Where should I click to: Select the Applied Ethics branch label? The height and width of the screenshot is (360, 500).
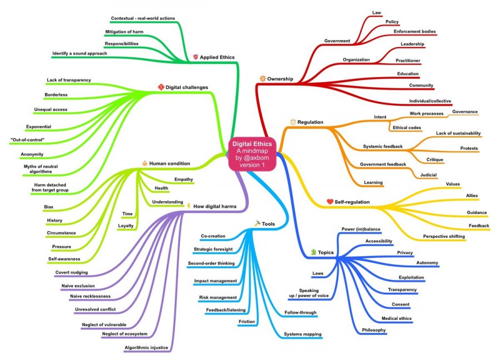(x=217, y=57)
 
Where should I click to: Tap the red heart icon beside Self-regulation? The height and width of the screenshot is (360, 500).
(x=329, y=201)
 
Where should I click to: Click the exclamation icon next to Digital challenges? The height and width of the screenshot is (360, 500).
(x=161, y=87)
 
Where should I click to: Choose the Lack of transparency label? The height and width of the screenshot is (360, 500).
(x=69, y=80)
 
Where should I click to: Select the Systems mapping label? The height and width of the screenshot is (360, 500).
(x=303, y=334)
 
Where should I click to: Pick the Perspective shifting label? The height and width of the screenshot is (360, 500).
(x=444, y=237)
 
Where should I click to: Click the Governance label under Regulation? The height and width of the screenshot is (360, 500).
(x=465, y=112)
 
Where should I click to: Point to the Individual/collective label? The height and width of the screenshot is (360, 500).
(x=430, y=101)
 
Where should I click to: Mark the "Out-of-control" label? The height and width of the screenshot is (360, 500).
(x=27, y=139)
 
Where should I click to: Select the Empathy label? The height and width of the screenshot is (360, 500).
(x=183, y=179)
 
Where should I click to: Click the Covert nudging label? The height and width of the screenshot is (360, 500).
(x=76, y=272)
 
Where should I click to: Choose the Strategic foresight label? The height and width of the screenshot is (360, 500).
(x=214, y=249)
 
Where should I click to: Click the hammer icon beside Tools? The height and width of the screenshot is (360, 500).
(x=257, y=223)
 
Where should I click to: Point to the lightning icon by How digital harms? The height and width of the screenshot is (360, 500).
(x=188, y=206)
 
